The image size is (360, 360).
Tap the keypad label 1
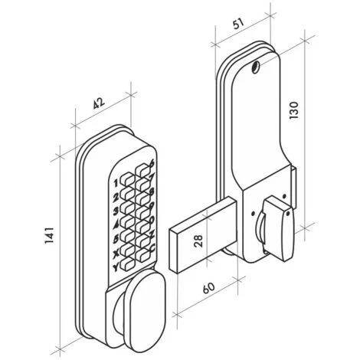pos(116,184)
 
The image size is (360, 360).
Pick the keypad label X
pos(116,253)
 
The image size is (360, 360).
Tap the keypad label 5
pos(116,239)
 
